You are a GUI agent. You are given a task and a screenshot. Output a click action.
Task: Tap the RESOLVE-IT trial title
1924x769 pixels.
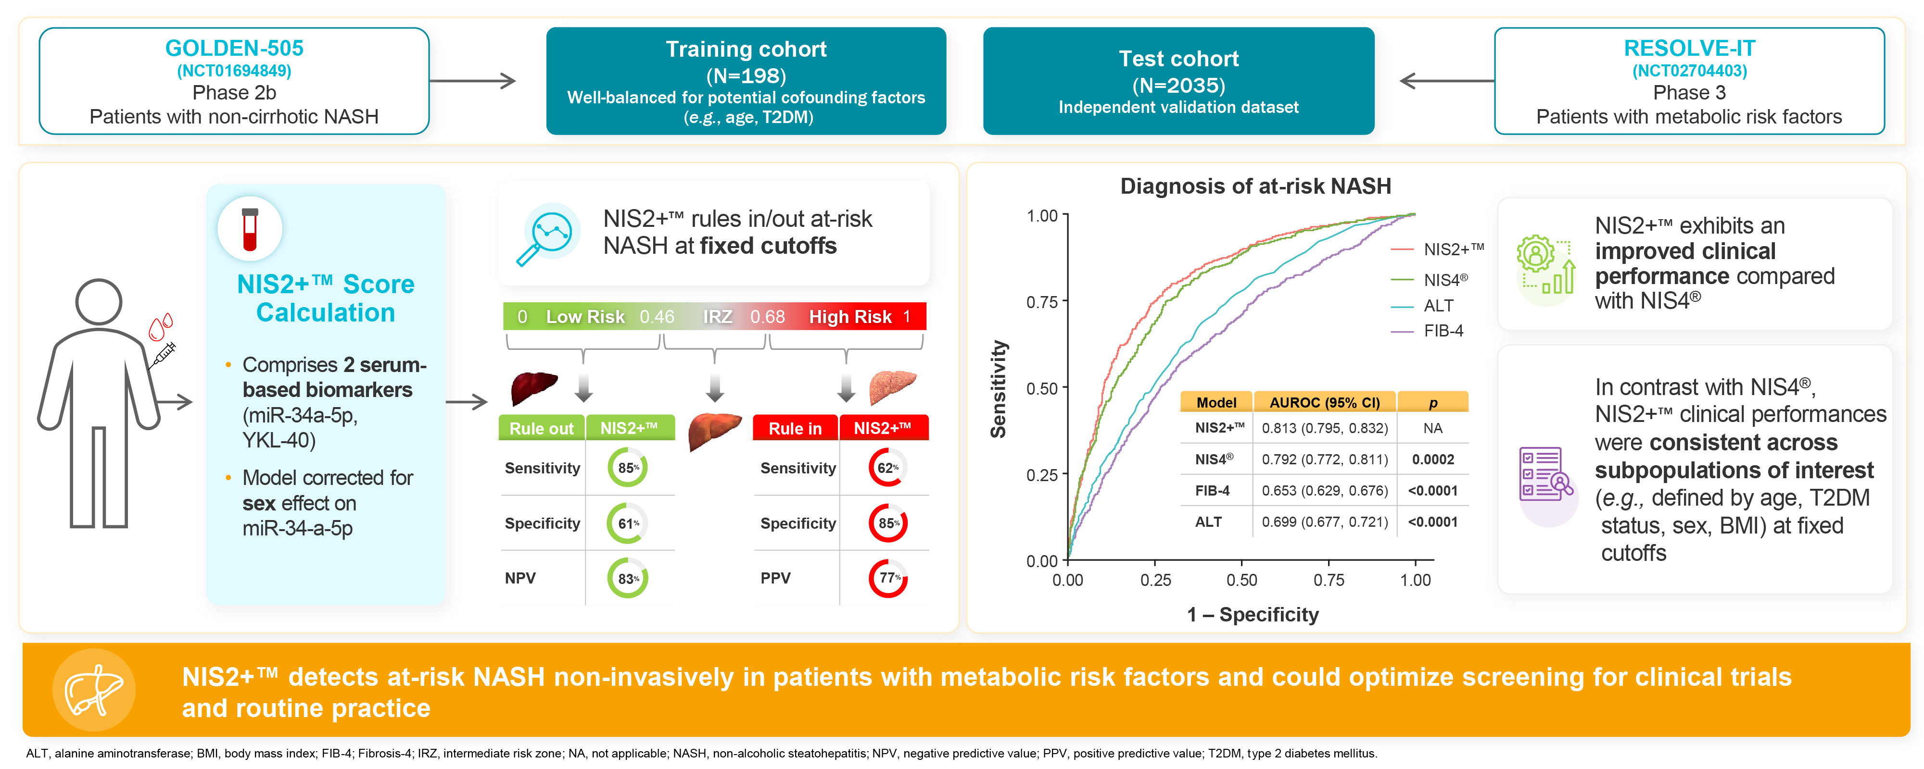tap(1689, 49)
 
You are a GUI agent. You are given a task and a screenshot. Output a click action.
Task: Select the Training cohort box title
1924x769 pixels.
tap(746, 50)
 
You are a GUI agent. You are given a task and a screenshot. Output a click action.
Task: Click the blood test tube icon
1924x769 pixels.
tap(250, 229)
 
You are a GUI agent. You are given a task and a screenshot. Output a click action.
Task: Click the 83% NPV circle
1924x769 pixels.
tap(627, 579)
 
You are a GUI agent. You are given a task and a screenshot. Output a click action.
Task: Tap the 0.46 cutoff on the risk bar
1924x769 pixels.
tap(657, 317)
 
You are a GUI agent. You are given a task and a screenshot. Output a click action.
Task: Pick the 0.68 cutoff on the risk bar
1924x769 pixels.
tap(767, 317)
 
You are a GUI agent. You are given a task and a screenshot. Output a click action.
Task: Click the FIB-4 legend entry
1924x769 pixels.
tap(1443, 331)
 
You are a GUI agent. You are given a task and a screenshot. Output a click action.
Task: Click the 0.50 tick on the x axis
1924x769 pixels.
tap(1241, 580)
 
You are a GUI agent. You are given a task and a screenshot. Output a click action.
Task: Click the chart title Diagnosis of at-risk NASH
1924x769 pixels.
tap(1255, 186)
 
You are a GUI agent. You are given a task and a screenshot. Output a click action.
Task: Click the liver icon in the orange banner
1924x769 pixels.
tap(93, 690)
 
